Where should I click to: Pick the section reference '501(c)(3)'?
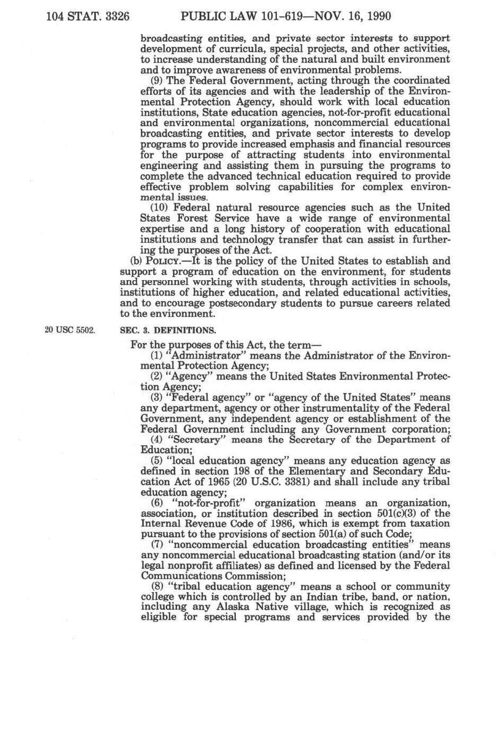(x=401, y=513)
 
